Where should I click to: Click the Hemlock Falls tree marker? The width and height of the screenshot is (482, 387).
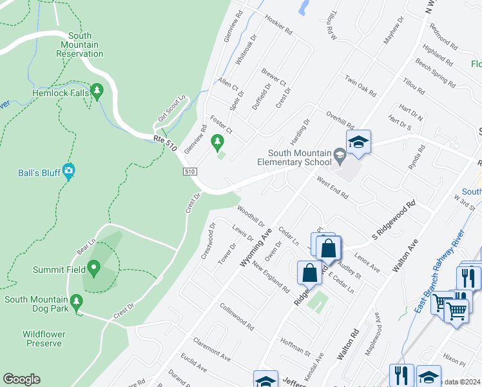point(97,92)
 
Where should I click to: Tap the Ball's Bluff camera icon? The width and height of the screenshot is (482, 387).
point(69,172)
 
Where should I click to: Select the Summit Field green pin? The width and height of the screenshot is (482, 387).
point(93,267)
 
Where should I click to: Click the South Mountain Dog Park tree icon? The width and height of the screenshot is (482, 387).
point(76,300)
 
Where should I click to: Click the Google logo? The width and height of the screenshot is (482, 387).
point(22,379)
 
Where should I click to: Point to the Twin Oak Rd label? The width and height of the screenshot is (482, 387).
point(360,86)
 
